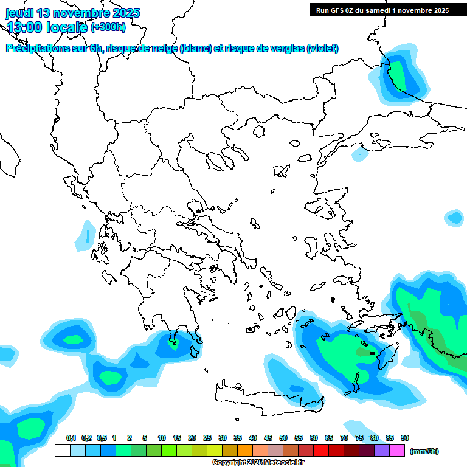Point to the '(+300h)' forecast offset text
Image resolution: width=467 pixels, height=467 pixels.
coord(108,27)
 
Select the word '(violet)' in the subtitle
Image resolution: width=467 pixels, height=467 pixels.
coord(322,49)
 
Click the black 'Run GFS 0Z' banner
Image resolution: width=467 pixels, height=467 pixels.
coord(382,10)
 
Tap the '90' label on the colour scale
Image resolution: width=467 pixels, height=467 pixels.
coord(405,438)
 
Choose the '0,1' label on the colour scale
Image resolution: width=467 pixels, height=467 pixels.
coord(71,438)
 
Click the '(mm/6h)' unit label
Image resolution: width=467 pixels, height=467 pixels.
coord(424,451)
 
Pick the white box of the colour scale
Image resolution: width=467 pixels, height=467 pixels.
coord(62,451)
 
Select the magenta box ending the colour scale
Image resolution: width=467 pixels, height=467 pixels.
coord(397,451)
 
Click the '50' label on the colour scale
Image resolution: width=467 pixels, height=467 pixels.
coord(283,438)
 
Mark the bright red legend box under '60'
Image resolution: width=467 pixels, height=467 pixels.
coord(321,451)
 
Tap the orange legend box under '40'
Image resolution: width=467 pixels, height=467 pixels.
coord(245,451)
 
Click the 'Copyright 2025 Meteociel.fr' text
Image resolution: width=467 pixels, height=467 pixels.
coord(258,463)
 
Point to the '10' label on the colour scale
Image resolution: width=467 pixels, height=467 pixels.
coord(162,438)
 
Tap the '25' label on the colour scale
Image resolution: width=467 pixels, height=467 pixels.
coord(207,438)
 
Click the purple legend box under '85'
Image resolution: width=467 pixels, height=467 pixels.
coord(382,451)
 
